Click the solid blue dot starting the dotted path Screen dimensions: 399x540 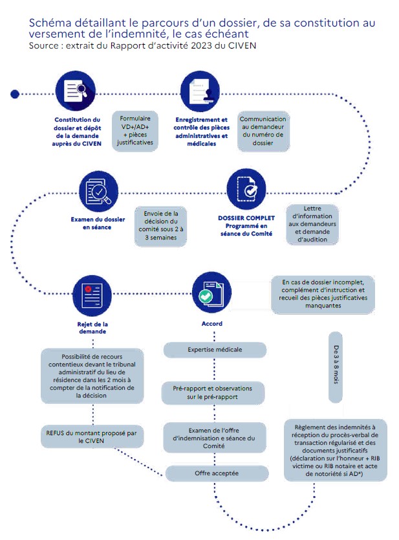(x=15, y=94)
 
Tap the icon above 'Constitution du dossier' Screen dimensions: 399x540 (x=75, y=91)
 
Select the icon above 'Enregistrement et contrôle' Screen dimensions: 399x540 (x=200, y=91)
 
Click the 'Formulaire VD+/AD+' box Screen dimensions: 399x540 (x=135, y=131)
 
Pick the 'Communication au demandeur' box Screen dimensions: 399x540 (x=263, y=131)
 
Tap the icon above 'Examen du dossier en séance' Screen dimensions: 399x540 (x=98, y=191)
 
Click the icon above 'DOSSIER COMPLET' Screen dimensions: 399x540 (x=246, y=189)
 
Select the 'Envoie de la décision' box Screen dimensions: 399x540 (x=160, y=226)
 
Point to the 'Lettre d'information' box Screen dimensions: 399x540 (x=312, y=224)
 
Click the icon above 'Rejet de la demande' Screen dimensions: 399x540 (x=92, y=295)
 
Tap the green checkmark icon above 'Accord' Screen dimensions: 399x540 (x=212, y=293)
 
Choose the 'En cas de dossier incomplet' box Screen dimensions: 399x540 (x=323, y=295)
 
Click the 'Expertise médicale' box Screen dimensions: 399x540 (x=215, y=350)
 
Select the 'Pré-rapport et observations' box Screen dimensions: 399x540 (x=213, y=393)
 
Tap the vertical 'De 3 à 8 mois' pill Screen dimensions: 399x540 (x=336, y=367)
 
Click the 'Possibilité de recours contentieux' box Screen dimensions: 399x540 (x=92, y=376)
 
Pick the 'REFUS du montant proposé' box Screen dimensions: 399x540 (x=91, y=436)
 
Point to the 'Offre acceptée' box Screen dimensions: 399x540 (x=217, y=473)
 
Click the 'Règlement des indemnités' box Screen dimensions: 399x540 (x=336, y=450)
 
